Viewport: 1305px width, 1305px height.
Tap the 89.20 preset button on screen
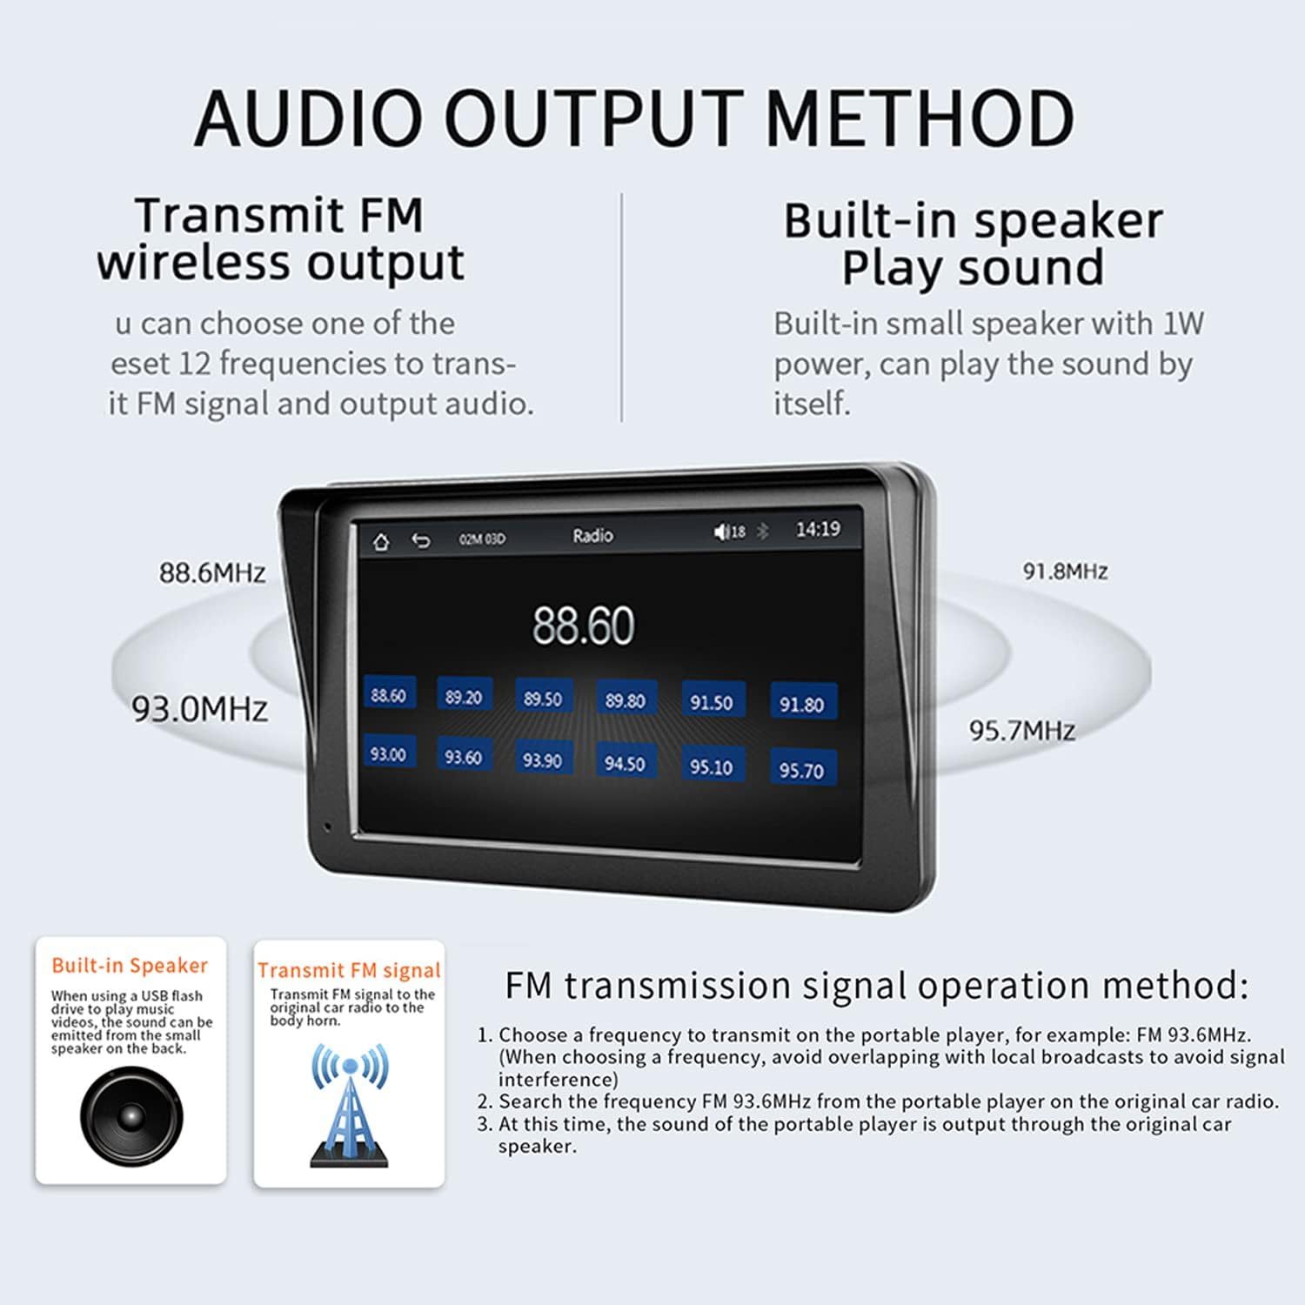point(463,698)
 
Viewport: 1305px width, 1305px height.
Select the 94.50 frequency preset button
point(625,763)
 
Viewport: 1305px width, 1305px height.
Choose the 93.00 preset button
point(388,754)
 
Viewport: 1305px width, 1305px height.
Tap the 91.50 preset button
point(712,702)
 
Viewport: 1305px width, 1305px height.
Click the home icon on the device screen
point(380,542)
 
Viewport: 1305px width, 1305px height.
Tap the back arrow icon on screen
point(421,541)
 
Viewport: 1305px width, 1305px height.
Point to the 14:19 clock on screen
point(818,529)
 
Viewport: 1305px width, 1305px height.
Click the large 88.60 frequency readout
point(584,626)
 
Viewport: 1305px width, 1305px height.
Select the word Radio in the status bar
point(592,536)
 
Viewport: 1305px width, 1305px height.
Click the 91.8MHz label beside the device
point(1065,572)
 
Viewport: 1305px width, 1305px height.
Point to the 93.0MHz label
point(199,710)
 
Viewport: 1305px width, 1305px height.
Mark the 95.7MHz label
point(1022,730)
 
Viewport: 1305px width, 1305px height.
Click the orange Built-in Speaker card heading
point(130,966)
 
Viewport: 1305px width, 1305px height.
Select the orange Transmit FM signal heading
point(349,971)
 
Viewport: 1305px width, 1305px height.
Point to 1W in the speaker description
point(1183,324)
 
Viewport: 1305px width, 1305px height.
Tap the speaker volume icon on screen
point(721,532)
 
